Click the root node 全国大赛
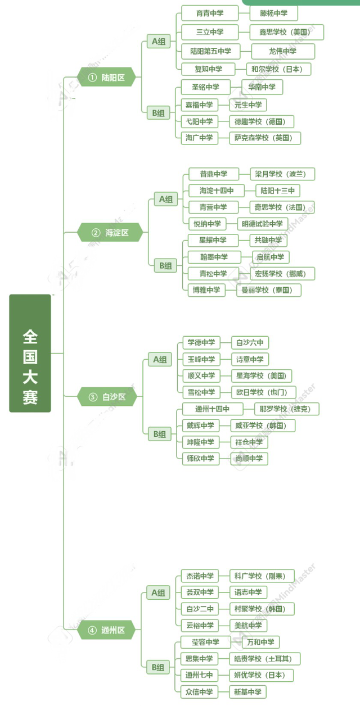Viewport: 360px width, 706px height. click(x=30, y=353)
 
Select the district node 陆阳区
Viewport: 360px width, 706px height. click(x=107, y=77)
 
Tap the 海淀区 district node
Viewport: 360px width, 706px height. click(x=110, y=232)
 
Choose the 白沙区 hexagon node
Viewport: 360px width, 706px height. click(x=107, y=397)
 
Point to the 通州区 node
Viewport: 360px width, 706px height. click(x=107, y=630)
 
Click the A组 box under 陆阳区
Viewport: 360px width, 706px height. click(x=159, y=41)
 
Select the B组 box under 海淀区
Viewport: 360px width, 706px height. click(x=165, y=265)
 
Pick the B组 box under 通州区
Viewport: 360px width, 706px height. click(x=159, y=667)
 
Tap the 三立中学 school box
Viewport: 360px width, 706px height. click(x=210, y=32)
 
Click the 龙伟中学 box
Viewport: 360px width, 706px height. click(x=282, y=51)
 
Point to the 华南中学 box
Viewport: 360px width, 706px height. click(x=262, y=87)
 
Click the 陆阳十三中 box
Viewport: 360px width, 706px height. click(x=278, y=191)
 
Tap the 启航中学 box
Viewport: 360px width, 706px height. click(x=270, y=257)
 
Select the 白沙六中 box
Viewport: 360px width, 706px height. click(x=250, y=342)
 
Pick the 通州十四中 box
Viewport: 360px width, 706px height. click(x=211, y=409)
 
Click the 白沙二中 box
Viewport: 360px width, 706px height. click(x=200, y=609)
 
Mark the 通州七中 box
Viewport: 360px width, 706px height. click(x=200, y=675)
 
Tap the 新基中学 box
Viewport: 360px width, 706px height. click(x=248, y=692)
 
